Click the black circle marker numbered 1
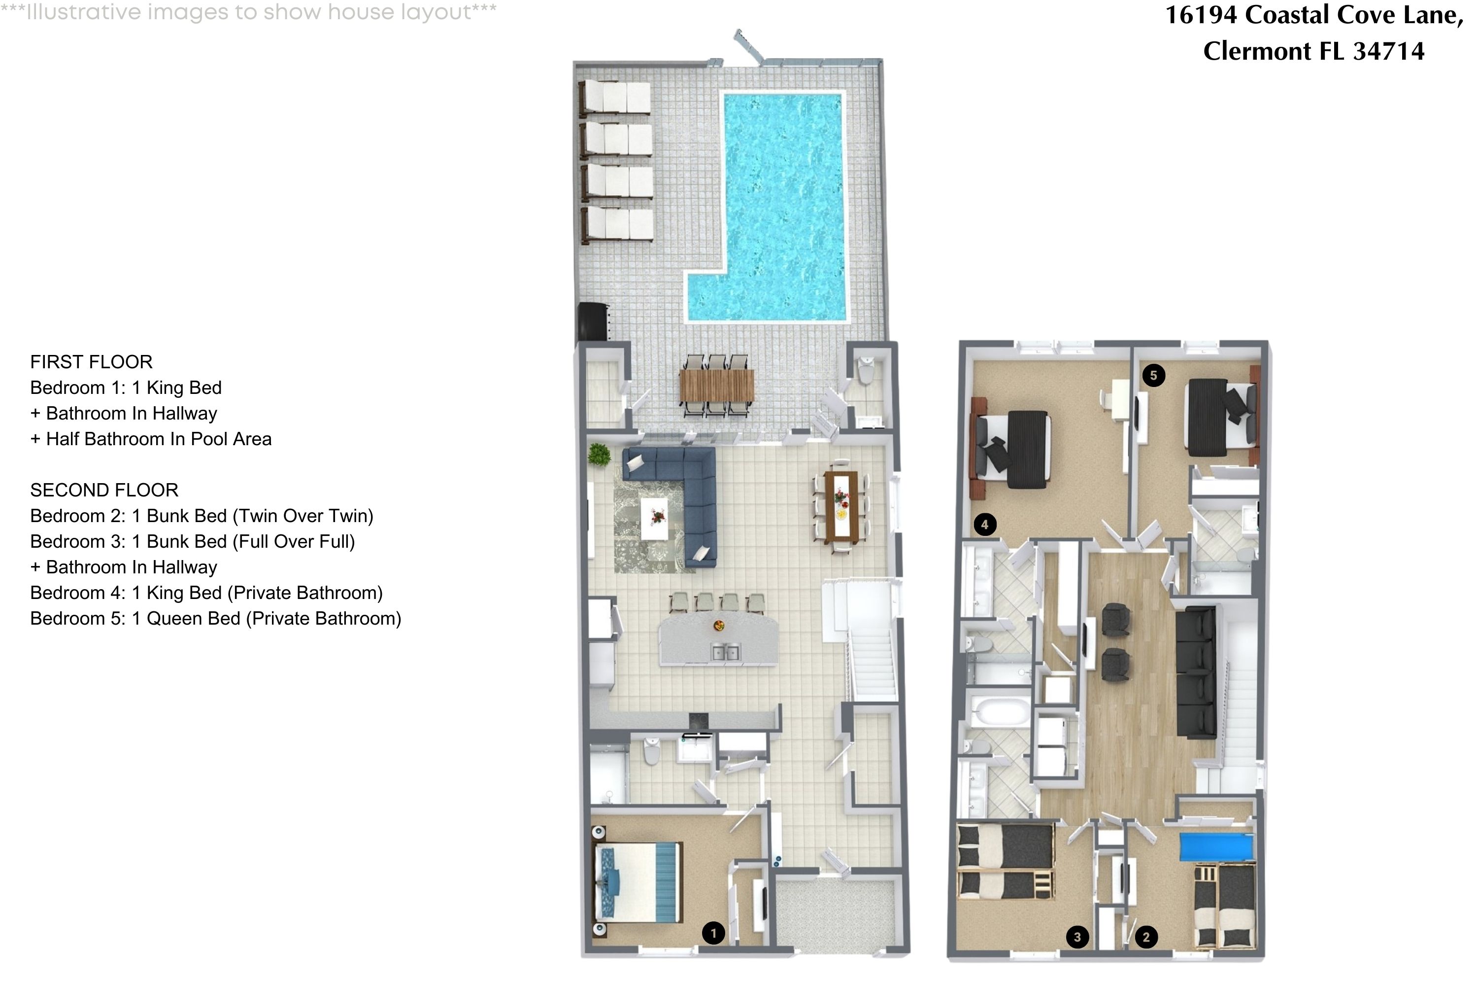point(713,933)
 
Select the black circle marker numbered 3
point(1077,938)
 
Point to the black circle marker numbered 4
point(985,525)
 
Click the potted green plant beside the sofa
point(600,454)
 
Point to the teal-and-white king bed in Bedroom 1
point(638,882)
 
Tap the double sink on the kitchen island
point(725,652)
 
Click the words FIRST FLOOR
point(91,362)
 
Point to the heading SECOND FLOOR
point(104,491)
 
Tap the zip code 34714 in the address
point(1388,51)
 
